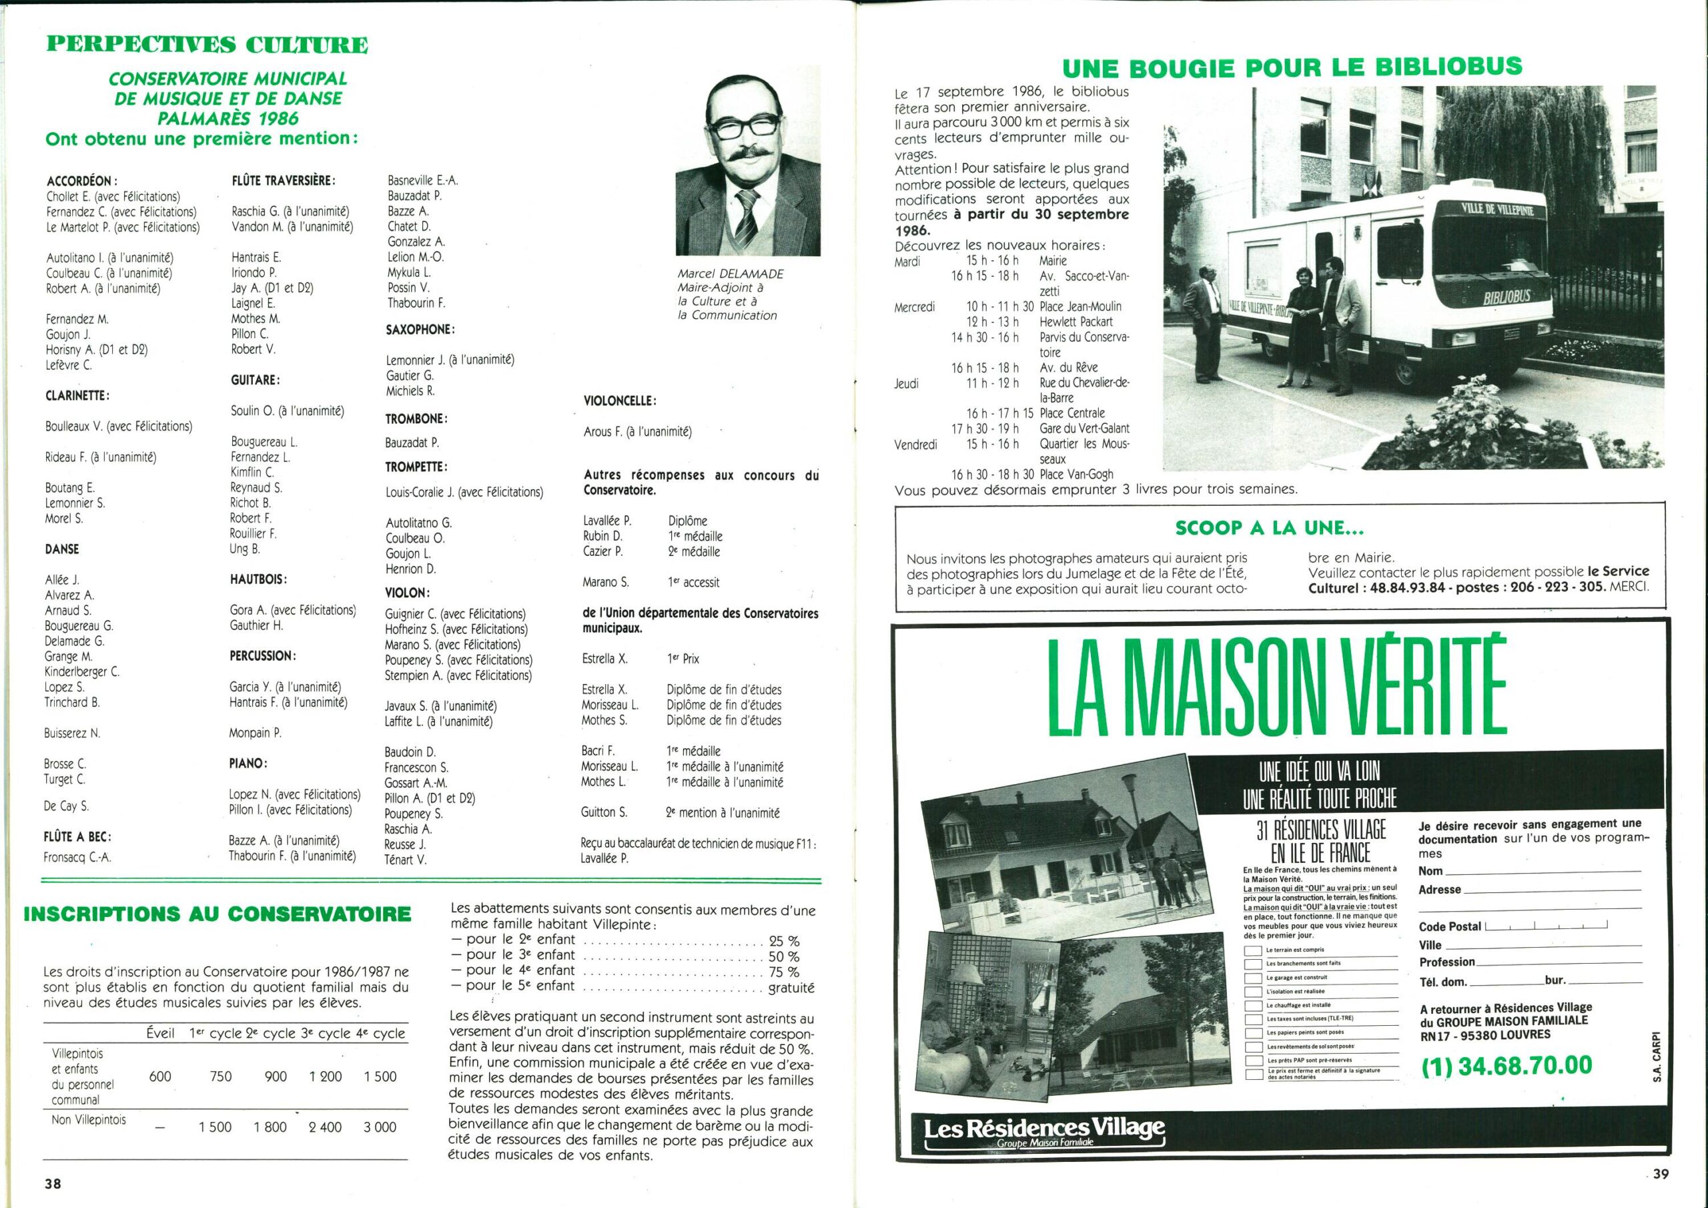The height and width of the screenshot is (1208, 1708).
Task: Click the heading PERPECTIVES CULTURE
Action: tap(207, 45)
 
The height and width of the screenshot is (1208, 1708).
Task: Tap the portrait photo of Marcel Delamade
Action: tap(748, 160)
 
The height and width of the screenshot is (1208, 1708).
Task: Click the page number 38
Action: tap(52, 1183)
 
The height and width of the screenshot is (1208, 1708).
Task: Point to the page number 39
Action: tap(1661, 1175)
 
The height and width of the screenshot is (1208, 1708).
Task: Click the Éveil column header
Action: tap(160, 1033)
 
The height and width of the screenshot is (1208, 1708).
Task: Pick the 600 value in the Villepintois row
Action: tap(160, 1077)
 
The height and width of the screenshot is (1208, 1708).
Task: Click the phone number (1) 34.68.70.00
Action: tap(1507, 1066)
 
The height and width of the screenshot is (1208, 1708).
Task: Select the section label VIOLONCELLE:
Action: tap(620, 401)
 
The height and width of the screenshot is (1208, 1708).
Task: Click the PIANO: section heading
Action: tap(248, 764)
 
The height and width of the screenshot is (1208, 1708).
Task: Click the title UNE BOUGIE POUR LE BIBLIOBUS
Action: tap(1292, 67)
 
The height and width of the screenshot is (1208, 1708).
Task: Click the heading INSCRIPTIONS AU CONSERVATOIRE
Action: tap(218, 914)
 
